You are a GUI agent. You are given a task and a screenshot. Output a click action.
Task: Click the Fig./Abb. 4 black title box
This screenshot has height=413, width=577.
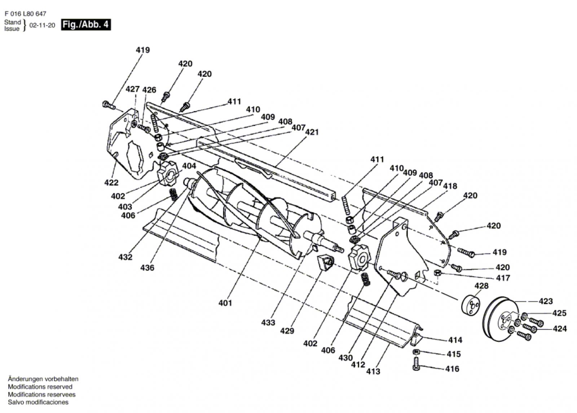tap(85, 25)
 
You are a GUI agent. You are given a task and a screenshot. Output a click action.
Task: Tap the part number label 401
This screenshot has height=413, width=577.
tap(225, 303)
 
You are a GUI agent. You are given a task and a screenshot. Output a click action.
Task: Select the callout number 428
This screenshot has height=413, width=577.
tap(481, 286)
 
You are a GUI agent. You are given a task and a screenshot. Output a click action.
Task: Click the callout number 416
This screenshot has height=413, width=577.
tap(452, 369)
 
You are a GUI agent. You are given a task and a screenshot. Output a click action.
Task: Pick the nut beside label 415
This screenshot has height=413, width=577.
tap(416, 352)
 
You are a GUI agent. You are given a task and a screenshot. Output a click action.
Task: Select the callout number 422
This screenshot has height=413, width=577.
tap(111, 183)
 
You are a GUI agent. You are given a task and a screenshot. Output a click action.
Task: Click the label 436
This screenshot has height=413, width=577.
tap(147, 268)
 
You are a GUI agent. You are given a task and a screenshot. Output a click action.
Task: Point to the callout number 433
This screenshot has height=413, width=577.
tap(268, 322)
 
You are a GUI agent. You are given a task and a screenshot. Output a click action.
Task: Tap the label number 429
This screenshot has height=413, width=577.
tap(287, 331)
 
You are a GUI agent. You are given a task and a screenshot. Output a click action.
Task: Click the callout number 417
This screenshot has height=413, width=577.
tap(503, 278)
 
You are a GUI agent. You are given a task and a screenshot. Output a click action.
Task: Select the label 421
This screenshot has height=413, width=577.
tap(312, 132)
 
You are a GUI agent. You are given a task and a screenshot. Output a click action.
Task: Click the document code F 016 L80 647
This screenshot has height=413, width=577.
tap(25, 14)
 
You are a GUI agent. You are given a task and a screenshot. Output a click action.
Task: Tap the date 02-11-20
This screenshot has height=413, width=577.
tap(42, 25)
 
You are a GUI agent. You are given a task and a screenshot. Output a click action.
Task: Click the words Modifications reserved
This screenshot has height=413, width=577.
tap(40, 387)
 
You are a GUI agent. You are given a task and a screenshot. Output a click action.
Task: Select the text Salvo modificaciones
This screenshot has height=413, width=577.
tap(38, 402)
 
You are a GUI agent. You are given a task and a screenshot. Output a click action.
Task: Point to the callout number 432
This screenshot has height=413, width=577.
tap(125, 257)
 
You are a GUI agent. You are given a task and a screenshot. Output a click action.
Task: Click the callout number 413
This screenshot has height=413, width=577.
tap(373, 371)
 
